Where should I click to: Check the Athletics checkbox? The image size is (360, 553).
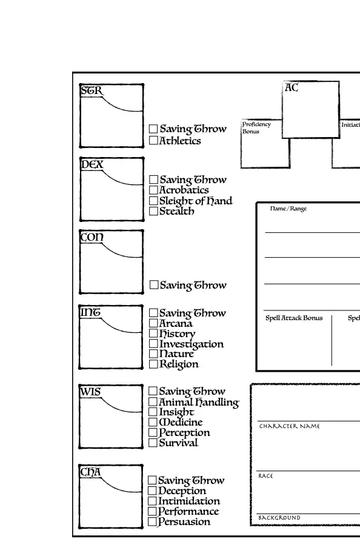coord(153,141)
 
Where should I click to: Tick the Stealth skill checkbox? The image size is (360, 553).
coord(153,211)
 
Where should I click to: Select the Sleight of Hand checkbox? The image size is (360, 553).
coord(153,201)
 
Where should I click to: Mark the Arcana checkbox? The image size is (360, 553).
coord(153,323)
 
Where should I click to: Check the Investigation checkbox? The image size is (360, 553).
coord(153,344)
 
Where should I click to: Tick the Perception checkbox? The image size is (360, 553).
coord(153,432)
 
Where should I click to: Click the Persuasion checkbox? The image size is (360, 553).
coord(153,521)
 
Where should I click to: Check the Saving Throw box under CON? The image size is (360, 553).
coord(153,285)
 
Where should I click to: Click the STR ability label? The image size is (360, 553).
coord(92,91)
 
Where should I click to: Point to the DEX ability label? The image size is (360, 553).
coord(92,164)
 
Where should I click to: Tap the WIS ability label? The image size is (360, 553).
coord(91,392)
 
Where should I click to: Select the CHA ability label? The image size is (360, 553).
coord(91,472)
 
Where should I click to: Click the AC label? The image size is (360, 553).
coord(292,88)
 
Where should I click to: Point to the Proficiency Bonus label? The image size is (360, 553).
coord(256,127)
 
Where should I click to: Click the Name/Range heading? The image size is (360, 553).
coord(288,209)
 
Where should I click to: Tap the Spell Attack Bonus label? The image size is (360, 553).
coord(294,318)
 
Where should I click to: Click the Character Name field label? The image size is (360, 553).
coord(289,426)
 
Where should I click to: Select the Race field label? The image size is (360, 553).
coord(265,476)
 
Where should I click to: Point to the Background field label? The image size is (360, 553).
coord(279,518)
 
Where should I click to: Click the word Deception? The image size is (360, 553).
coord(182,491)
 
